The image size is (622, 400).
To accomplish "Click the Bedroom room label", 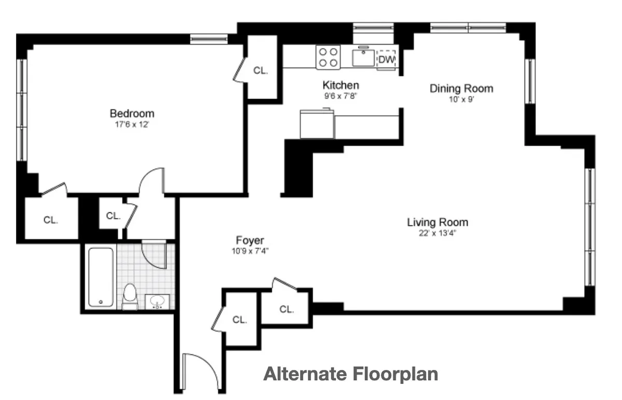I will (132, 113).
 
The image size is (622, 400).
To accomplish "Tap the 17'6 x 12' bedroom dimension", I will (132, 125).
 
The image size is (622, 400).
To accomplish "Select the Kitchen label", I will (341, 85).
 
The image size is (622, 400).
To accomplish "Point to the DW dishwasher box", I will (386, 60).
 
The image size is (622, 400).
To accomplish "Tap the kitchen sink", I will (364, 58).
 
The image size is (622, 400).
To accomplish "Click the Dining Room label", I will (461, 88).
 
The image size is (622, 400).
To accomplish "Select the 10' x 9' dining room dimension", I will (461, 100).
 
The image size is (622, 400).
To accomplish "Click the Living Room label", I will (437, 222).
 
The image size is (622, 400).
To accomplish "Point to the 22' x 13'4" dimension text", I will (437, 233).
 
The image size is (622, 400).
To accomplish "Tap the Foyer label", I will (250, 240).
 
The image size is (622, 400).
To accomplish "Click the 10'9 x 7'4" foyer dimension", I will (250, 251).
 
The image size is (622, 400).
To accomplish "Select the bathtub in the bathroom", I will (101, 277).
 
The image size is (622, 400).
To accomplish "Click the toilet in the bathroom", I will (130, 297).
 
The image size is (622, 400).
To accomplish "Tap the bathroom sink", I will (156, 301).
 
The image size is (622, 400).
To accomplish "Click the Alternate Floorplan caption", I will (350, 374).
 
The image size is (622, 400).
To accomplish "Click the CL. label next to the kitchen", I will (261, 71).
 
